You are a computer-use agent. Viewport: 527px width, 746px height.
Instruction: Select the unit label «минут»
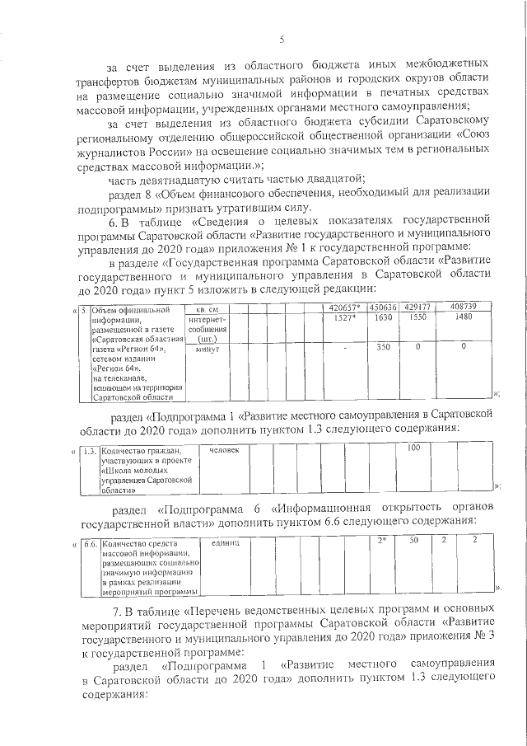[202, 349]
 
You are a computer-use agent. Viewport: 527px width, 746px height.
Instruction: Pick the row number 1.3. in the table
[91, 451]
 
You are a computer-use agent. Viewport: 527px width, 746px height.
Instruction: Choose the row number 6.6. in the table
[91, 543]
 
